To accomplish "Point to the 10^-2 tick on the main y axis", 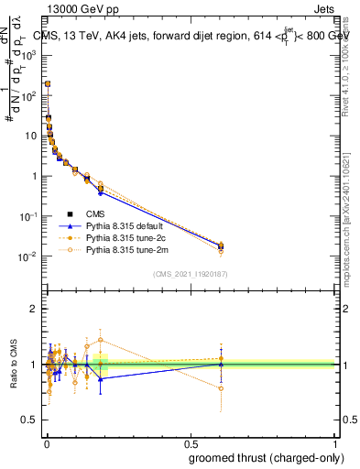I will [x=30, y=256].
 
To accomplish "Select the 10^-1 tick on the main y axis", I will [x=30, y=216].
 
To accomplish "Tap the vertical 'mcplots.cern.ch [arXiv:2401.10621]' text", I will [x=353, y=211].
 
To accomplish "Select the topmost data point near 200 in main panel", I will [x=47, y=83].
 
